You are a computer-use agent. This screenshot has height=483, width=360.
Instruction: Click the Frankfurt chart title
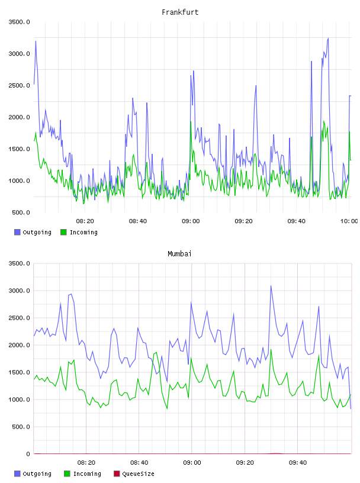(x=180, y=12)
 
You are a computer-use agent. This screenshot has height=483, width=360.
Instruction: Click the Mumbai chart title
(x=179, y=254)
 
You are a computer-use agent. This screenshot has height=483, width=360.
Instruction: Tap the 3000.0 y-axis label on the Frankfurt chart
(x=19, y=54)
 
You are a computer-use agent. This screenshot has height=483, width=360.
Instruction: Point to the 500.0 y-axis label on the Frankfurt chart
(x=21, y=212)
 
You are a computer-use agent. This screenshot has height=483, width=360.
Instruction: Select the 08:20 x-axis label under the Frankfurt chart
(x=85, y=221)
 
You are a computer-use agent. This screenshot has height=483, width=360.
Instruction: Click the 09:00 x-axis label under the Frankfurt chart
(x=191, y=221)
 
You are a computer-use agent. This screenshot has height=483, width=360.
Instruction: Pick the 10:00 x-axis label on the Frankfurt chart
(x=349, y=221)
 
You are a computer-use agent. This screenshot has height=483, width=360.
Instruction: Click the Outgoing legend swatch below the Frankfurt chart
(x=17, y=232)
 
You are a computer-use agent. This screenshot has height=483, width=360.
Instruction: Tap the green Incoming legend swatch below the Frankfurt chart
(x=63, y=232)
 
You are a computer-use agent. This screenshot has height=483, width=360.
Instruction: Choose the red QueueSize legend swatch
(x=117, y=474)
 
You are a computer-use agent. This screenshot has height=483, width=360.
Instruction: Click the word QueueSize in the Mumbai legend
(x=138, y=474)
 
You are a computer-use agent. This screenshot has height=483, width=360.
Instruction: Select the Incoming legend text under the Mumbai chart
(x=87, y=474)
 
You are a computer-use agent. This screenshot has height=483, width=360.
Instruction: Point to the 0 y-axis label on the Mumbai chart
(x=28, y=454)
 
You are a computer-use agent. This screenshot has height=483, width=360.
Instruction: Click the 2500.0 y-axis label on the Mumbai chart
(x=19, y=318)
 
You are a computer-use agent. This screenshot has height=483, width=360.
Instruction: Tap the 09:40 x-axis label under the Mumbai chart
(x=298, y=462)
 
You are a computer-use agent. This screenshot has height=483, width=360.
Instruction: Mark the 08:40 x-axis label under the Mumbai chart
(x=139, y=462)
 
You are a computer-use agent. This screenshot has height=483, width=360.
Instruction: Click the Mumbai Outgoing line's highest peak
(x=271, y=285)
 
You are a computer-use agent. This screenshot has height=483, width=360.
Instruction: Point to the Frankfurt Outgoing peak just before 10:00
(x=328, y=38)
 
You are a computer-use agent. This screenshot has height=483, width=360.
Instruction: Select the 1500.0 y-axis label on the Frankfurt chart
(x=19, y=149)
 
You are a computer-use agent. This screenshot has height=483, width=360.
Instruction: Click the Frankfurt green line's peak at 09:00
(x=191, y=122)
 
